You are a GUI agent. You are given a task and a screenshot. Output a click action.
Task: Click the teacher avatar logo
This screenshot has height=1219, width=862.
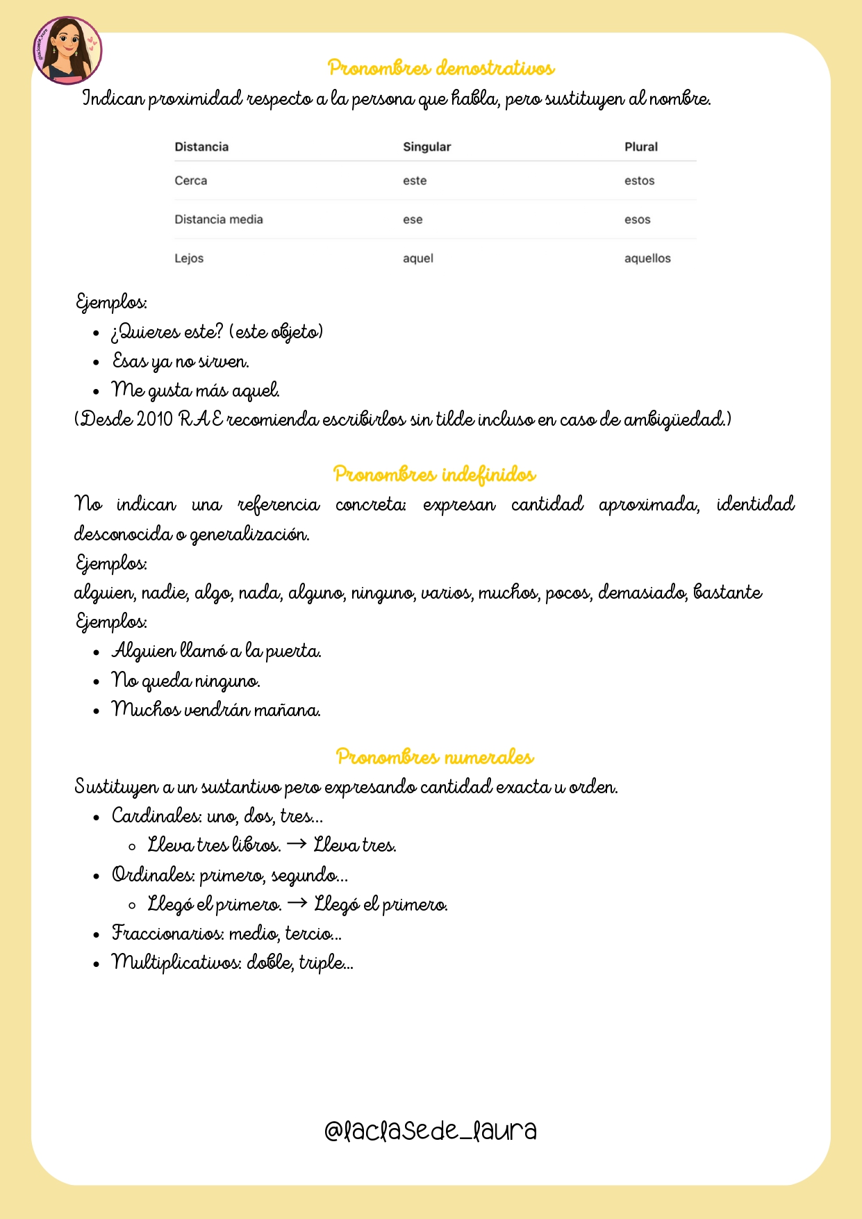[67, 51]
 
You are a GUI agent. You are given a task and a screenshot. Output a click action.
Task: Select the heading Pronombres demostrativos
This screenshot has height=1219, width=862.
[441, 68]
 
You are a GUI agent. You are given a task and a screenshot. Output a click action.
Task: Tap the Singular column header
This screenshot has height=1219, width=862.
[426, 147]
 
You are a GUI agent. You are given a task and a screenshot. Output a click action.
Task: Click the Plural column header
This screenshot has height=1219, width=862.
[640, 147]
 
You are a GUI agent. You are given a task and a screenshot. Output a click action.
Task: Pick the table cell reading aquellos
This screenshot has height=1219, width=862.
[647, 258]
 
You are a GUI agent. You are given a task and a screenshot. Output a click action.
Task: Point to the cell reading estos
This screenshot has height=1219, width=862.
[639, 181]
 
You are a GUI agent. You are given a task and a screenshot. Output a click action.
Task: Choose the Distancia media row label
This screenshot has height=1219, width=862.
[218, 219]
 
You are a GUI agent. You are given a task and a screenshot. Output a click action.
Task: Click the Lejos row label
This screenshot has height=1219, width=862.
[189, 258]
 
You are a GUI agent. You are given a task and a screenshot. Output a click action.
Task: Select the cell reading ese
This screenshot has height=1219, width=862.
[413, 219]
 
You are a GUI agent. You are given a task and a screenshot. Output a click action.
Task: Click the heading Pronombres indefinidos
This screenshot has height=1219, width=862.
[434, 474]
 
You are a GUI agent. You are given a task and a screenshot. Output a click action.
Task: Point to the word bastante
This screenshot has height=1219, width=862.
[727, 592]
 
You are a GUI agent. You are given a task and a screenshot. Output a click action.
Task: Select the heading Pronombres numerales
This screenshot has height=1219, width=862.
[435, 756]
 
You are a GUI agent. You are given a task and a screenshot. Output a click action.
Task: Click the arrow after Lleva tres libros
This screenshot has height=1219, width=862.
[297, 845]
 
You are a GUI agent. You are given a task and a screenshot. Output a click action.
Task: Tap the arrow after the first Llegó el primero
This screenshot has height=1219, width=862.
[297, 904]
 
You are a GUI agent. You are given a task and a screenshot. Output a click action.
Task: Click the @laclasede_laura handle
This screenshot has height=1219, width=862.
[431, 1131]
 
